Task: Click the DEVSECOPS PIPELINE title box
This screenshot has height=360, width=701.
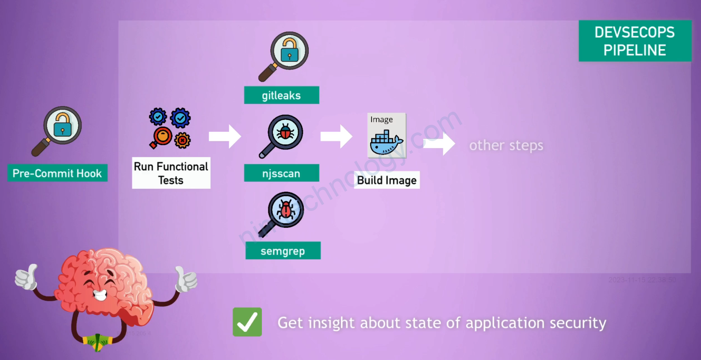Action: click(x=635, y=41)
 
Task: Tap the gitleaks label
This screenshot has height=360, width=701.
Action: click(x=281, y=95)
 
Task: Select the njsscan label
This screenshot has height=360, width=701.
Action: click(x=281, y=173)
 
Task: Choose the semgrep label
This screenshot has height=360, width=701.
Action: click(x=283, y=251)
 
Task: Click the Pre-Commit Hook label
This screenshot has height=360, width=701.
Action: click(x=57, y=173)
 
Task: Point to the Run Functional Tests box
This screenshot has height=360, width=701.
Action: click(x=171, y=173)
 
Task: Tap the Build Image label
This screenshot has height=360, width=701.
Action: click(x=387, y=180)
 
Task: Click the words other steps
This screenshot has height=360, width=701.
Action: click(x=506, y=146)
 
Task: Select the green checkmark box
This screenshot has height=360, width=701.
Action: click(x=247, y=322)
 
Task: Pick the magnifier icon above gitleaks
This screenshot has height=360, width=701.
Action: click(x=284, y=55)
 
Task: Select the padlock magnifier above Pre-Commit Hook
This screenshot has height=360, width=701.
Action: click(x=57, y=130)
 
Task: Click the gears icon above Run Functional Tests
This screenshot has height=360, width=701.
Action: click(x=170, y=128)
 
